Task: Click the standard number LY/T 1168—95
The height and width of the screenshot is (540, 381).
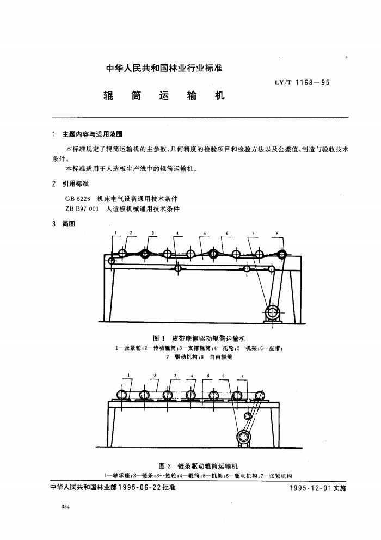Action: coord(302,83)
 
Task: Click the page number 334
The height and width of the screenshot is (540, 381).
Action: coord(65,507)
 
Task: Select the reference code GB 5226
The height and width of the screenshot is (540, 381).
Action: coord(77,199)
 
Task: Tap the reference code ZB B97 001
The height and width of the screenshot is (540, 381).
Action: coord(82,208)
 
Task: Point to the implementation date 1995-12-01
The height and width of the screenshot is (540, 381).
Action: coord(310,488)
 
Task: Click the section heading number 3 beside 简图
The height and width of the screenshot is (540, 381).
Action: coord(54,224)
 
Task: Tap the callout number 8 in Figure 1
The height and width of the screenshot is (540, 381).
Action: coord(277,234)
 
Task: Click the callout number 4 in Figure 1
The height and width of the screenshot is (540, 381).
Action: coord(177,234)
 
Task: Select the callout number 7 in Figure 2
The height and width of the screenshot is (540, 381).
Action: coord(243,376)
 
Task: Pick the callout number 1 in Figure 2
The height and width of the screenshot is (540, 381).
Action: coord(128,375)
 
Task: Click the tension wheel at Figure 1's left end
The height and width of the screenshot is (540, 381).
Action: coord(111,261)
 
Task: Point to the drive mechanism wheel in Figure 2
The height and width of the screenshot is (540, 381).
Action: coord(244,437)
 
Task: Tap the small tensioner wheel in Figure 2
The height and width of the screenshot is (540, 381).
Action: coord(247,416)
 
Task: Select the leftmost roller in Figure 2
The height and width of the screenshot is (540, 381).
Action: coord(122,395)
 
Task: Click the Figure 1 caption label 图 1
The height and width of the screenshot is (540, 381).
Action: coord(159,339)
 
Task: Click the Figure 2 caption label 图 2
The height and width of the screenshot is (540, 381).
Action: coord(165,467)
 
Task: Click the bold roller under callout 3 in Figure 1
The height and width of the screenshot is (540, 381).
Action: coord(144,254)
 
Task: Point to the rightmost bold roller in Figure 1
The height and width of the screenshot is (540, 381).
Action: coord(282,255)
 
